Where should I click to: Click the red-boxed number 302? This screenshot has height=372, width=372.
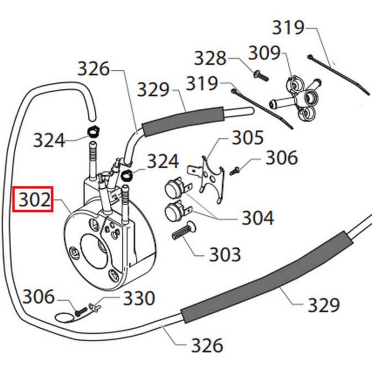(34, 199)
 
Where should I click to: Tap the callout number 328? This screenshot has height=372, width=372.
(210, 59)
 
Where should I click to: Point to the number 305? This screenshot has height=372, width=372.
(248, 138)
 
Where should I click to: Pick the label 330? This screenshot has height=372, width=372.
(138, 298)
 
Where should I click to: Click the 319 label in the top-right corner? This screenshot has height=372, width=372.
(288, 28)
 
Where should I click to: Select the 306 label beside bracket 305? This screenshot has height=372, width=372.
(281, 159)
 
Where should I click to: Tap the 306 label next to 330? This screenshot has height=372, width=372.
(39, 296)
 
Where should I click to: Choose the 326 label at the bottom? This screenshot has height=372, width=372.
(207, 345)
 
